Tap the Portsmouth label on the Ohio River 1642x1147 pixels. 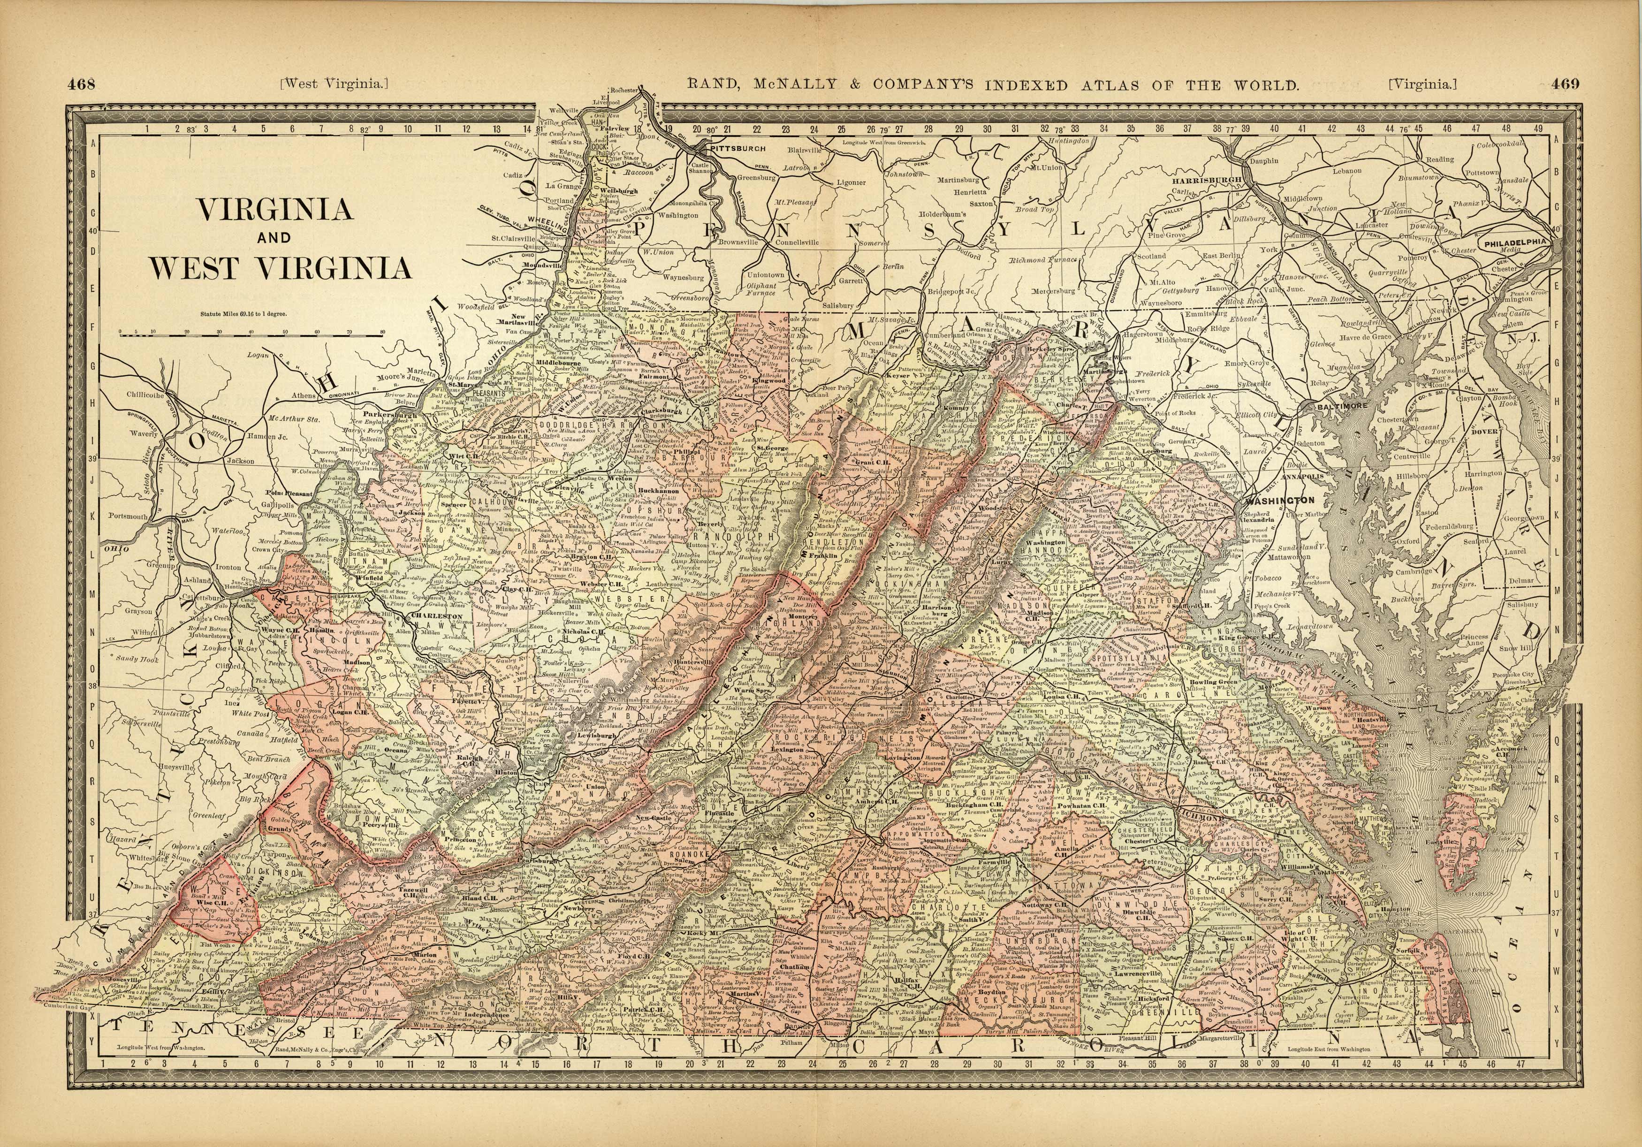point(129,516)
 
